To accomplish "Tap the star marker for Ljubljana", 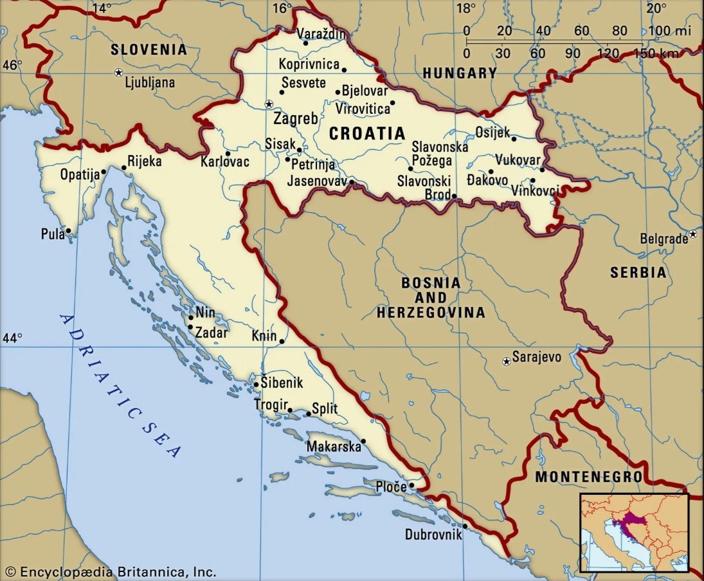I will coord(118,73).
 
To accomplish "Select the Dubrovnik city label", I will coord(433,534).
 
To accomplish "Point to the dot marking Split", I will coord(308,414).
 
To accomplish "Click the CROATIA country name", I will coord(367,133).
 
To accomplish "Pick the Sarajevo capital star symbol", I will coord(507,362).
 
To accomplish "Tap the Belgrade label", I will coord(663,239).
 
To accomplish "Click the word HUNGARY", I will coord(460,73).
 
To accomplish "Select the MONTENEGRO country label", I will coord(588,477).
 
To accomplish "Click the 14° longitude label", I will coord(102,8).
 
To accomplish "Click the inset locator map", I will coord(634,532).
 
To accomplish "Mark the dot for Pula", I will coord(69,230).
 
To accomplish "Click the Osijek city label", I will coord(492,132).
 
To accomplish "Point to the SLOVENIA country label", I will coord(149,50).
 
